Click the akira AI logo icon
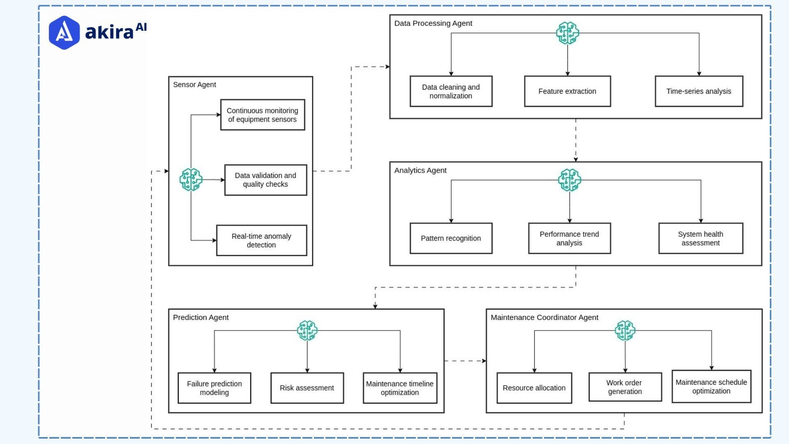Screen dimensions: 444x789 point(64,32)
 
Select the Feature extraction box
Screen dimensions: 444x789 point(567,91)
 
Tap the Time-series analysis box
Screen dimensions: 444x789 point(699,91)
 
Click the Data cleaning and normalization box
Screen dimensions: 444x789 point(451,91)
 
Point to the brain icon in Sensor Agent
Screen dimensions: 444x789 point(191,180)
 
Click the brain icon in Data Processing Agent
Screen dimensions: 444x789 point(568,33)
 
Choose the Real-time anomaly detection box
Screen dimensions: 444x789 point(261,240)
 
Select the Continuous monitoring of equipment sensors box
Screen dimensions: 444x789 point(263,115)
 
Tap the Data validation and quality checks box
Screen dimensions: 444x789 point(265,180)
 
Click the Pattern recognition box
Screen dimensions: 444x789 point(451,238)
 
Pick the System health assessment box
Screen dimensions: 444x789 point(701,238)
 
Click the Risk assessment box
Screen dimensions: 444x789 point(307,388)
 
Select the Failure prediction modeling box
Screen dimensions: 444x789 point(214,388)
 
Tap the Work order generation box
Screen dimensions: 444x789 point(625,387)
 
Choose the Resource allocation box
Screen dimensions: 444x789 point(534,388)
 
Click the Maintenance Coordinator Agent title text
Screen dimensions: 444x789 point(544,317)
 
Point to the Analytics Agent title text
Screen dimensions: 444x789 point(420,170)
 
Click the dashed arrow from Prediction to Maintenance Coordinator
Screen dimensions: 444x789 point(465,361)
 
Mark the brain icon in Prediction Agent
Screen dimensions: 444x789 point(307,331)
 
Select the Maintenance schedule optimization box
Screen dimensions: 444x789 point(711,386)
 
